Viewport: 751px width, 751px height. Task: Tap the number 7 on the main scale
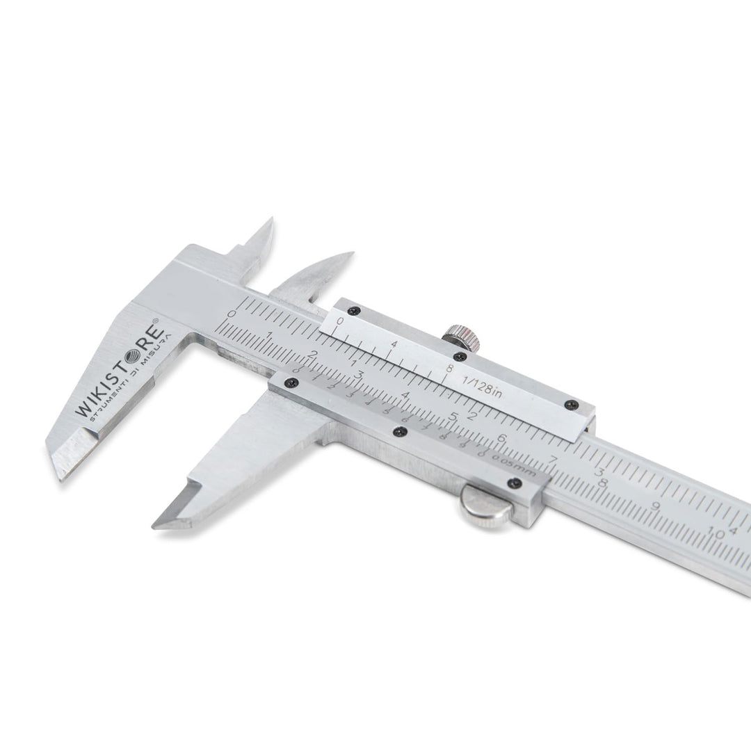pos(554,460)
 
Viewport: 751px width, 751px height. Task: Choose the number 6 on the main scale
pos(501,438)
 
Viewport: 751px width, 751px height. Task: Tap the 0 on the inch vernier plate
pos(340,321)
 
